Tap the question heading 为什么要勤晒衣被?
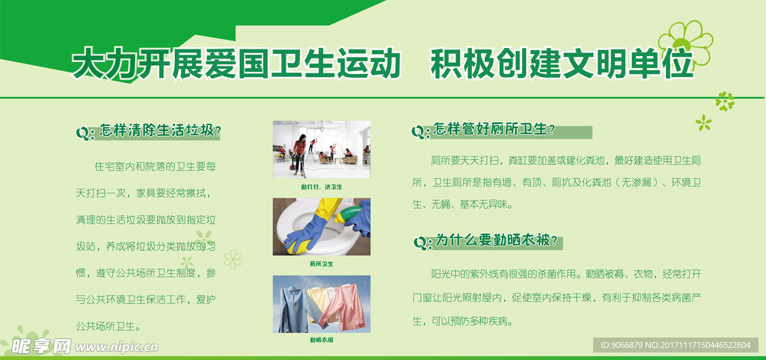[497, 240]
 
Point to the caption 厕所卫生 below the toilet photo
[321, 263]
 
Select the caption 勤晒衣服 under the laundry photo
[321, 340]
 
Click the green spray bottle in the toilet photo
[351, 215]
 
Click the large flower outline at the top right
[684, 41]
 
